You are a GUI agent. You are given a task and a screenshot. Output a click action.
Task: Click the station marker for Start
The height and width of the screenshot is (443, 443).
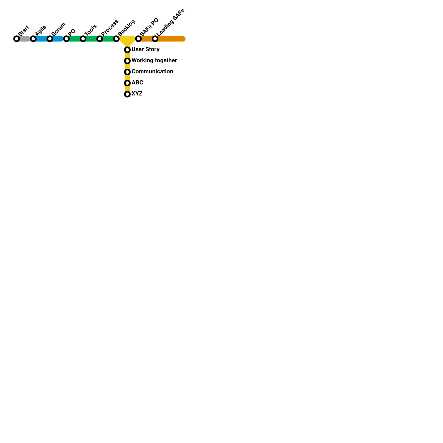tap(17, 39)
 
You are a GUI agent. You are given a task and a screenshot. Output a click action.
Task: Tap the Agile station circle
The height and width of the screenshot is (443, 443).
tap(33, 39)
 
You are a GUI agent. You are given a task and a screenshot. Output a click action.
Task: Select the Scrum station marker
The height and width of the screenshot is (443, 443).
tap(50, 39)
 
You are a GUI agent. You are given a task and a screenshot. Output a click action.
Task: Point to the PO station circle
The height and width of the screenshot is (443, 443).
tap(66, 39)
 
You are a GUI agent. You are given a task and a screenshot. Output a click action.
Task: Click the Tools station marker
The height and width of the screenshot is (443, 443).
tap(83, 39)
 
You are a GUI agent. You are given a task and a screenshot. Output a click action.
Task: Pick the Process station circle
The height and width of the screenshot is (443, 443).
tap(100, 39)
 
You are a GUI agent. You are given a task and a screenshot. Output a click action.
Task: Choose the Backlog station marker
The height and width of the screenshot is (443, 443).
tap(116, 39)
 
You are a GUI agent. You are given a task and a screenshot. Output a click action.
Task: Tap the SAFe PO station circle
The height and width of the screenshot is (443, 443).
tap(138, 39)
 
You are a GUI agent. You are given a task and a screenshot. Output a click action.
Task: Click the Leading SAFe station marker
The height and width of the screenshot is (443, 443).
tap(155, 39)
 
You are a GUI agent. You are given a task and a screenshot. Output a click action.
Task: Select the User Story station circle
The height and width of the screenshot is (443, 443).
tap(127, 50)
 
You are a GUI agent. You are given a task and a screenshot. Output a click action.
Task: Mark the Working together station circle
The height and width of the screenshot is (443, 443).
tap(127, 61)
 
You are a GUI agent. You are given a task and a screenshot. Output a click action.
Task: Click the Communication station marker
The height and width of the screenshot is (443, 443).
tap(127, 72)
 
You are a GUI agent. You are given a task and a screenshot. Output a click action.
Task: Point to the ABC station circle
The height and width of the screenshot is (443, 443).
tap(127, 83)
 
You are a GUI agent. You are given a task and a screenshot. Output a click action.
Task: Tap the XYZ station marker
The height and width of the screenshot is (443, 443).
tap(127, 94)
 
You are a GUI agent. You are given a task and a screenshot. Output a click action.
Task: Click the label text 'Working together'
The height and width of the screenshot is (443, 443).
tap(154, 61)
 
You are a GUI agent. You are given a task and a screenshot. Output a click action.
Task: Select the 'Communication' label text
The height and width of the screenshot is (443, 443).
tap(152, 72)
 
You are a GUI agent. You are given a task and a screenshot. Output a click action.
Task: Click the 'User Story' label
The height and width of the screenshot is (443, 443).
tap(145, 50)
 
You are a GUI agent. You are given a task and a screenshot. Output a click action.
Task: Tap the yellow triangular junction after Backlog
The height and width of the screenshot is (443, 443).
tap(127, 40)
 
